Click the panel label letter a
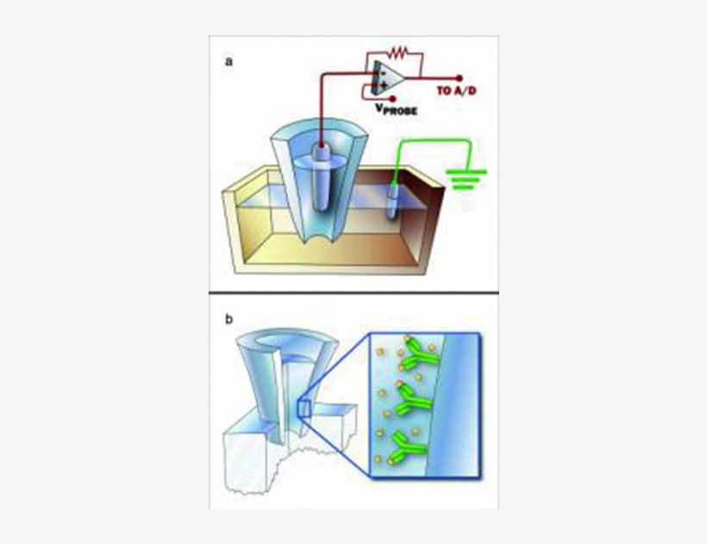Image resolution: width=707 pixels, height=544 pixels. [x=228, y=61]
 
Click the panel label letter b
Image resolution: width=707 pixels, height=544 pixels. [x=228, y=319]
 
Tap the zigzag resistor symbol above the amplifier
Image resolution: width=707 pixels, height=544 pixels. [x=399, y=52]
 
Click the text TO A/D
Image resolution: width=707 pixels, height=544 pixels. [x=456, y=91]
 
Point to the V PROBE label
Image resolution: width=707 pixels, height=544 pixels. [x=396, y=109]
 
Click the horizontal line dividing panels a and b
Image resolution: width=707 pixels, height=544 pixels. [x=353, y=294]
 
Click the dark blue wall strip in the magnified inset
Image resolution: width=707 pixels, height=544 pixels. [x=464, y=405]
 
